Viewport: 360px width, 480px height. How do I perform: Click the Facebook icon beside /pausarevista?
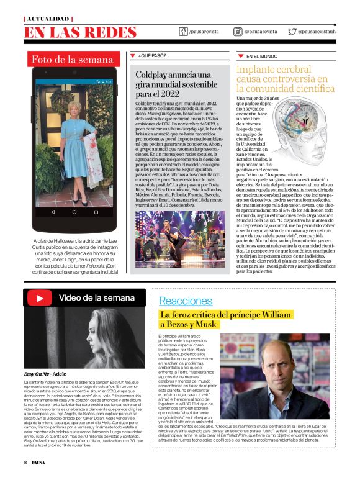pyautogui.click(x=183, y=31)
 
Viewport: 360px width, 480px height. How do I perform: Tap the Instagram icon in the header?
pyautogui.click(x=238, y=31)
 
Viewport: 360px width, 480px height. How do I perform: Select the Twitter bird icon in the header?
pyautogui.click(x=292, y=31)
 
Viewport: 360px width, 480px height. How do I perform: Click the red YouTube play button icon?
pyautogui.click(x=39, y=298)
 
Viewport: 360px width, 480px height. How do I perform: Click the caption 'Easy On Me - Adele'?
pyautogui.click(x=45, y=374)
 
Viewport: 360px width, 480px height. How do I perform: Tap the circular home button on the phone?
pyautogui.click(x=74, y=212)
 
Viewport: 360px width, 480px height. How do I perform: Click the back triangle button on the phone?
pyautogui.click(x=52, y=212)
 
